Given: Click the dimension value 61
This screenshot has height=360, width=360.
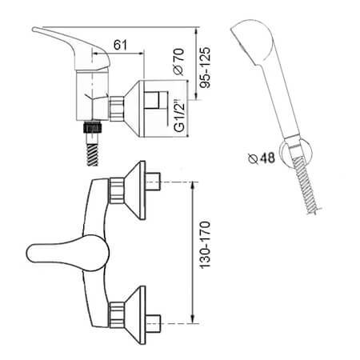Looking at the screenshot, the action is (x=120, y=45).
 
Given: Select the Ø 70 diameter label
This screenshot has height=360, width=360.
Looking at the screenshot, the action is (x=178, y=62).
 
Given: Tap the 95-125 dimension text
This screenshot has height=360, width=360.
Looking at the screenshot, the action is (x=205, y=67).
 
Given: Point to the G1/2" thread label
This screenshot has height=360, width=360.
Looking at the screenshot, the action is (x=179, y=116).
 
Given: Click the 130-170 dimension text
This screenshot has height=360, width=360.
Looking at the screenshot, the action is (x=205, y=245).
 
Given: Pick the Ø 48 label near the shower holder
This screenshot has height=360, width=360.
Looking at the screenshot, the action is (x=262, y=158).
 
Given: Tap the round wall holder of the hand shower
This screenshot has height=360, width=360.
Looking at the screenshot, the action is (x=297, y=153).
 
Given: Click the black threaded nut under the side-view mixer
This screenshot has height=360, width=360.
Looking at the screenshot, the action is (x=93, y=127).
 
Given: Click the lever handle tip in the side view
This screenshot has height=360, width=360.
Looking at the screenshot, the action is (x=34, y=29).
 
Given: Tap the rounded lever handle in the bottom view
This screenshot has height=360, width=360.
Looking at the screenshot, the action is (x=68, y=253).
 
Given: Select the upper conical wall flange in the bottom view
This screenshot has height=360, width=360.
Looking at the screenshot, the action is (x=135, y=190).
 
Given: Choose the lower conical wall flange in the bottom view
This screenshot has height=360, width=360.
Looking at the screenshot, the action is (x=135, y=315).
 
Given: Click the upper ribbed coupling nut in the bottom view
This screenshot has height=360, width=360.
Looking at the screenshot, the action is (x=117, y=190).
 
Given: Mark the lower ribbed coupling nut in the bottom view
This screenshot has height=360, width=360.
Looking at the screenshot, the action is (x=117, y=315).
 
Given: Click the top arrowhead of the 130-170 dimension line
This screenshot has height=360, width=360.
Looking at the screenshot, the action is (x=193, y=185).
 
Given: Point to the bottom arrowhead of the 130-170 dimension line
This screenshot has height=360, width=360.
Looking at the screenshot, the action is (x=193, y=321).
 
